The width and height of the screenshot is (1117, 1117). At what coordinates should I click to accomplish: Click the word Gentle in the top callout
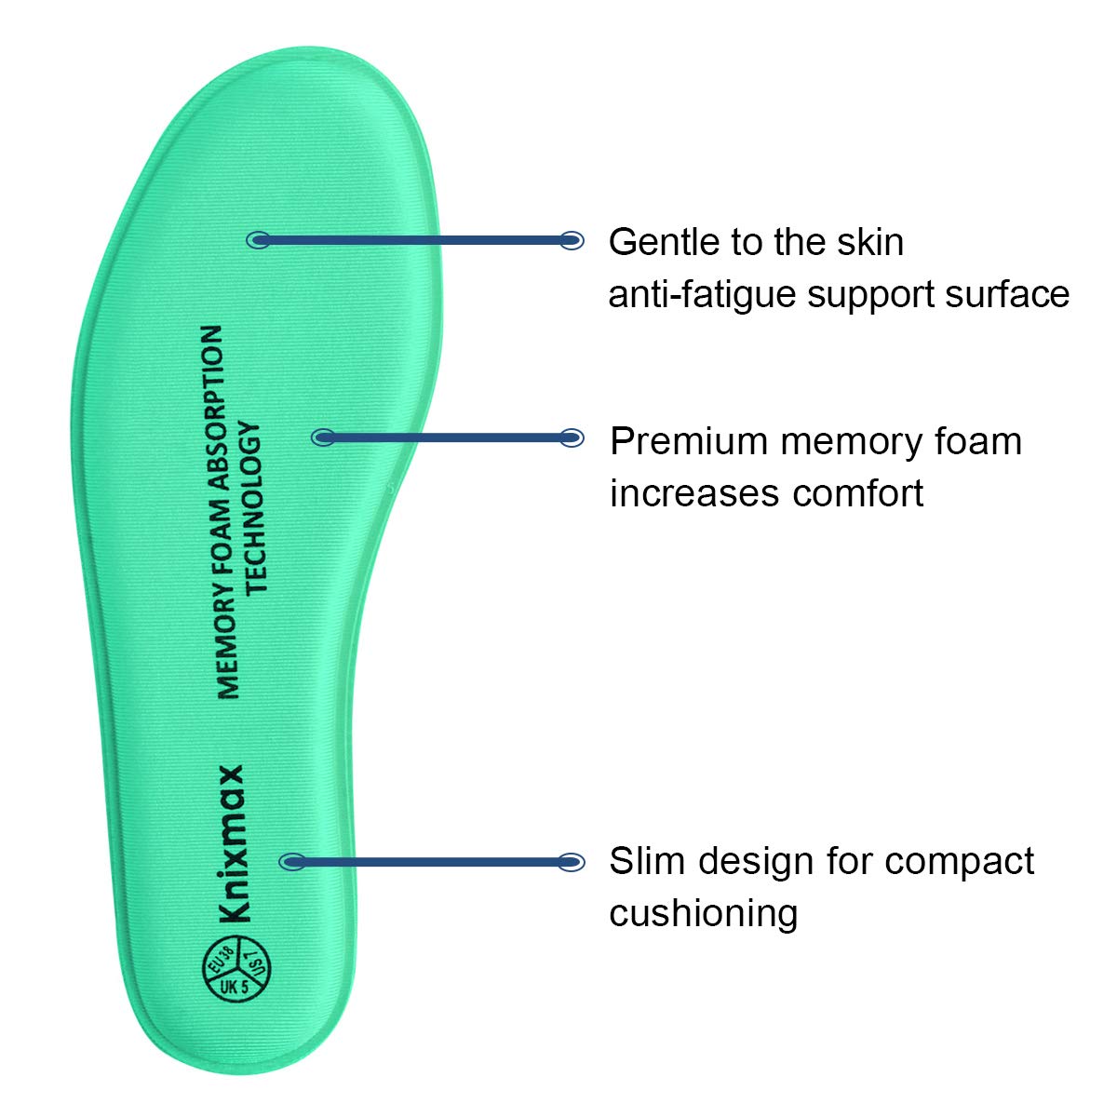point(665,242)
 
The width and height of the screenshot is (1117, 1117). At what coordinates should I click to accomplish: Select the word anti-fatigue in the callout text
point(702,294)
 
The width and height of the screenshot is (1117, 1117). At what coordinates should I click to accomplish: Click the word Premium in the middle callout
point(690,440)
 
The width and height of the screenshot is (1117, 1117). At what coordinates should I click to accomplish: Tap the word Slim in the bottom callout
point(648,861)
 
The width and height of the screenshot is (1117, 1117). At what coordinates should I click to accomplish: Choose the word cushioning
point(704,913)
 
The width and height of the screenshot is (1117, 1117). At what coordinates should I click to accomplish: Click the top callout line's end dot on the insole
point(258,240)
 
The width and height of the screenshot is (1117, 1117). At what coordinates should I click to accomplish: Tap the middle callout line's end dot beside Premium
point(572,437)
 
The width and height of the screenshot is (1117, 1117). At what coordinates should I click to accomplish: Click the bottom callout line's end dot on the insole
point(291,862)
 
